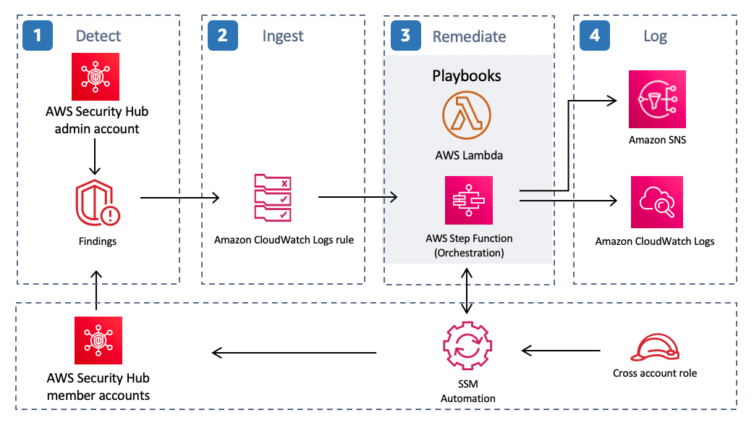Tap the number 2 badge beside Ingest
tap(222, 35)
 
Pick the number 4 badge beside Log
tap(595, 35)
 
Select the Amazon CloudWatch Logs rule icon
tap(272, 197)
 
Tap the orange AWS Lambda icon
tap(467, 115)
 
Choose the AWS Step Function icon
tap(468, 200)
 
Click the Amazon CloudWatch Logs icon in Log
tap(656, 201)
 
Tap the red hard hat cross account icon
tap(655, 348)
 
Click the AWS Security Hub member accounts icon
tap(98, 341)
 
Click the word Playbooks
tap(467, 75)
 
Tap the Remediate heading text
tap(469, 36)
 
